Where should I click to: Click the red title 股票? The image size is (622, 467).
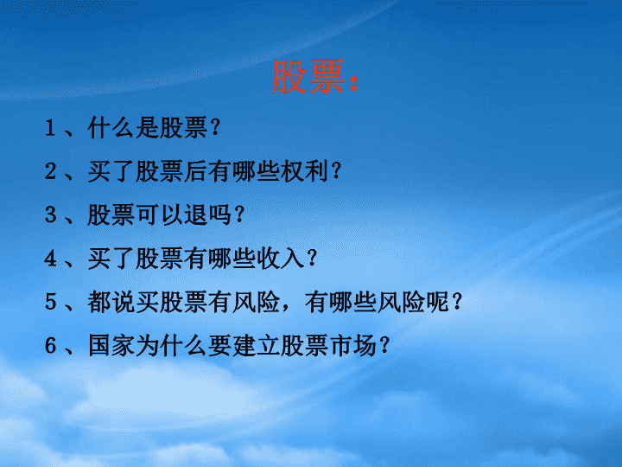[308, 77]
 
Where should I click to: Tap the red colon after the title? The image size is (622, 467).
[354, 82]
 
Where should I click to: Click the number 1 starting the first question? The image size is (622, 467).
[50, 128]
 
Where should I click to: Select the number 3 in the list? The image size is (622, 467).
[50, 214]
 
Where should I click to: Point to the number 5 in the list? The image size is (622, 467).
[50, 302]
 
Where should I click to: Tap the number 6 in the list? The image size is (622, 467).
[50, 345]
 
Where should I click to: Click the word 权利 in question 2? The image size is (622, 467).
[304, 171]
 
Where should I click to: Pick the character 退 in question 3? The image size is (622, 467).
[195, 214]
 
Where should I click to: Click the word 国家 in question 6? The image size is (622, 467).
[111, 345]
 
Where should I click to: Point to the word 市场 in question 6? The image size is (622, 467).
[352, 345]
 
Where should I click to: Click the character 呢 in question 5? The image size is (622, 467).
[437, 302]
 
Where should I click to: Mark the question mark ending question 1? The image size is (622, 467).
[215, 128]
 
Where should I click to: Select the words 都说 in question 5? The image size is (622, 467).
[111, 302]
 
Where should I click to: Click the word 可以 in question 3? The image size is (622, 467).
[160, 214]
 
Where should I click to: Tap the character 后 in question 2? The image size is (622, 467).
[195, 171]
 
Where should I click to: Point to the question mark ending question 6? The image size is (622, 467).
[384, 345]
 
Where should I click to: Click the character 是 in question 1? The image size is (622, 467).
[148, 128]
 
